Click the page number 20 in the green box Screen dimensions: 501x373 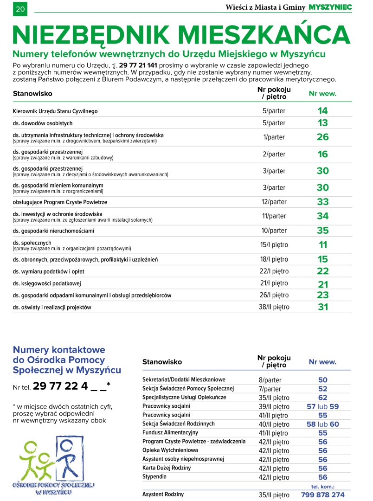pyautogui.click(x=20, y=9)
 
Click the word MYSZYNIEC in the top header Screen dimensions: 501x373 pyautogui.click(x=330, y=7)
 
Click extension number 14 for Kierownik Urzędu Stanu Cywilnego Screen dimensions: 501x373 pyautogui.click(x=322, y=111)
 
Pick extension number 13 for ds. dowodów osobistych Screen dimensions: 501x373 pyautogui.click(x=322, y=123)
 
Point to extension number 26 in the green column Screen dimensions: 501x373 pyautogui.click(x=322, y=137)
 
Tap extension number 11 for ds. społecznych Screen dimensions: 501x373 pyautogui.click(x=323, y=245)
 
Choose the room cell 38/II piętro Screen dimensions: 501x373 pyautogui.click(x=274, y=307)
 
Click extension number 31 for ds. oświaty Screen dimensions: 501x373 pyautogui.click(x=323, y=307)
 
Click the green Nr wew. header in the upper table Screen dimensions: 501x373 pyautogui.click(x=322, y=93)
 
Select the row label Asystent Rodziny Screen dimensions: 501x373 pyautogui.click(x=163, y=495)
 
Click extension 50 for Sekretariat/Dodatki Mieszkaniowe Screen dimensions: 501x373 pyautogui.click(x=323, y=380)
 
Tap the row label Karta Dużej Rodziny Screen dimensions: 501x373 pyautogui.click(x=167, y=468)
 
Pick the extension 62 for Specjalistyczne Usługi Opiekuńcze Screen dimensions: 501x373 pyautogui.click(x=323, y=398)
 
